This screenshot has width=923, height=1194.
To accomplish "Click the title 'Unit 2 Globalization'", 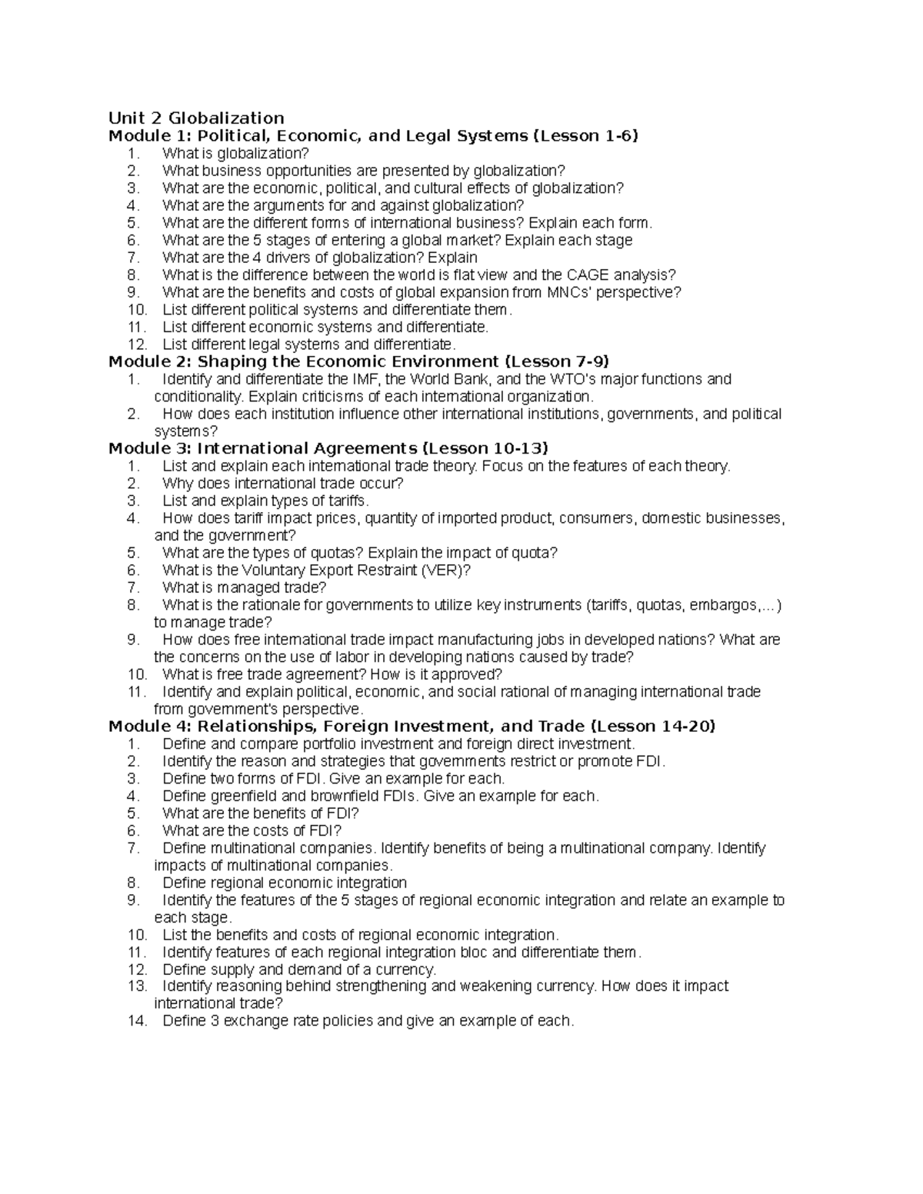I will point(196,118).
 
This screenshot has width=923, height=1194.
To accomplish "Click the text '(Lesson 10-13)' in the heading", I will point(486,448).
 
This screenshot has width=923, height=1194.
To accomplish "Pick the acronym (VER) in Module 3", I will point(445,570).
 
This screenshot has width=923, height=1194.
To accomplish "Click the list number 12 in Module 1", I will point(138,344).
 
